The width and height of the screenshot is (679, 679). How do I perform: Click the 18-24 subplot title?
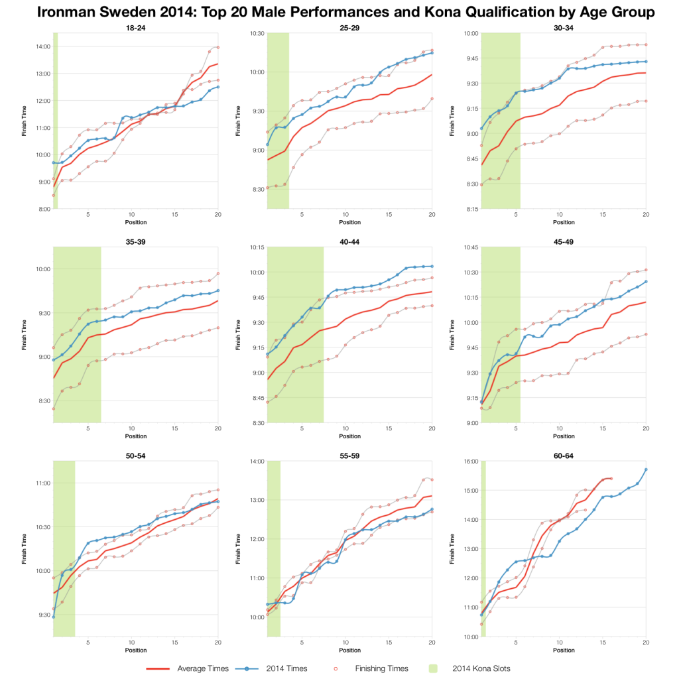[x=135, y=27]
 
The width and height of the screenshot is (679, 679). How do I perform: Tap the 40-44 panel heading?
[x=349, y=241]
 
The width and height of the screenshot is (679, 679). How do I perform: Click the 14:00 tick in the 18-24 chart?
[x=41, y=46]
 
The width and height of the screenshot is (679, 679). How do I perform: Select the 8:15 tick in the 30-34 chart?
[x=469, y=208]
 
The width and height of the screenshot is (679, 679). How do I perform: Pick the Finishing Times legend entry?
[x=385, y=668]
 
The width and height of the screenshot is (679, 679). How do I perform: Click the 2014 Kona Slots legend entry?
[x=481, y=668]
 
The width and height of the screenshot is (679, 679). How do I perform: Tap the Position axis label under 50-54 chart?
[x=135, y=650]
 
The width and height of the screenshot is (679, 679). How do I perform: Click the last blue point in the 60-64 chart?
[x=646, y=469]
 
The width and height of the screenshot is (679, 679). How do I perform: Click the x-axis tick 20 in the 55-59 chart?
[x=432, y=642]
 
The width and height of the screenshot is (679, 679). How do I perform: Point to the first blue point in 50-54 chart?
[x=53, y=617]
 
